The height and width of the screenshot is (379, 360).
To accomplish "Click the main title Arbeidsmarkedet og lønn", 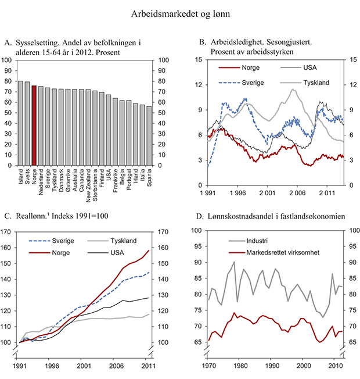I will tap(180, 13).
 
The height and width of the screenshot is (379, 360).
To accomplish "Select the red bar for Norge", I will tap(34, 126).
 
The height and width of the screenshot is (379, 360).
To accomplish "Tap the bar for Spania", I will tap(149, 135).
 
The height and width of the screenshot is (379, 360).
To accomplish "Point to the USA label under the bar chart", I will tap(107, 174).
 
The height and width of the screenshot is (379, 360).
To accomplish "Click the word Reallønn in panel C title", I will tap(33, 216).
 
